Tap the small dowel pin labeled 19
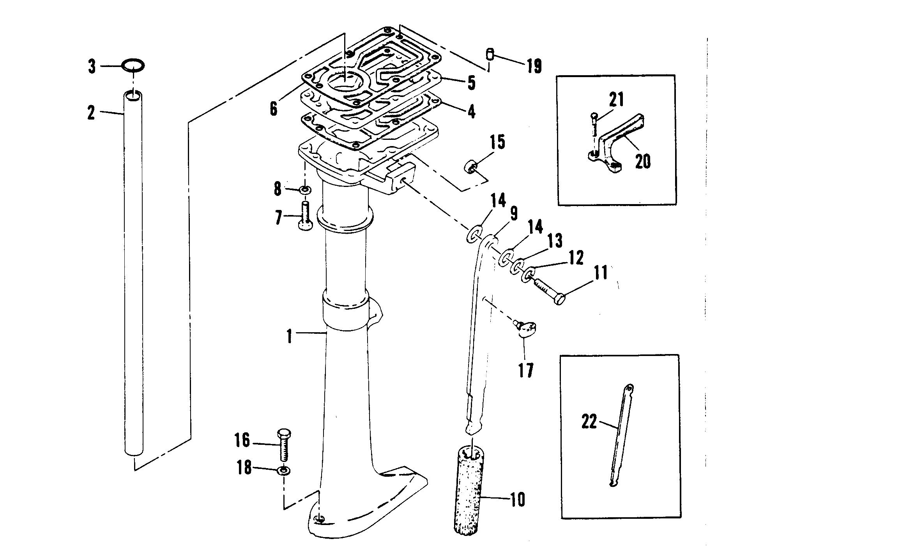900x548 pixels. pos(490,54)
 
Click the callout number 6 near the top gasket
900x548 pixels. pos(274,108)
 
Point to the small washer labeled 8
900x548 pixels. pos(305,190)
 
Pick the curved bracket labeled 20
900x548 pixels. pos(612,148)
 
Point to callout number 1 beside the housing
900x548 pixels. pos(289,336)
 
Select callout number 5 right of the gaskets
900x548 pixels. pos(471,83)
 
